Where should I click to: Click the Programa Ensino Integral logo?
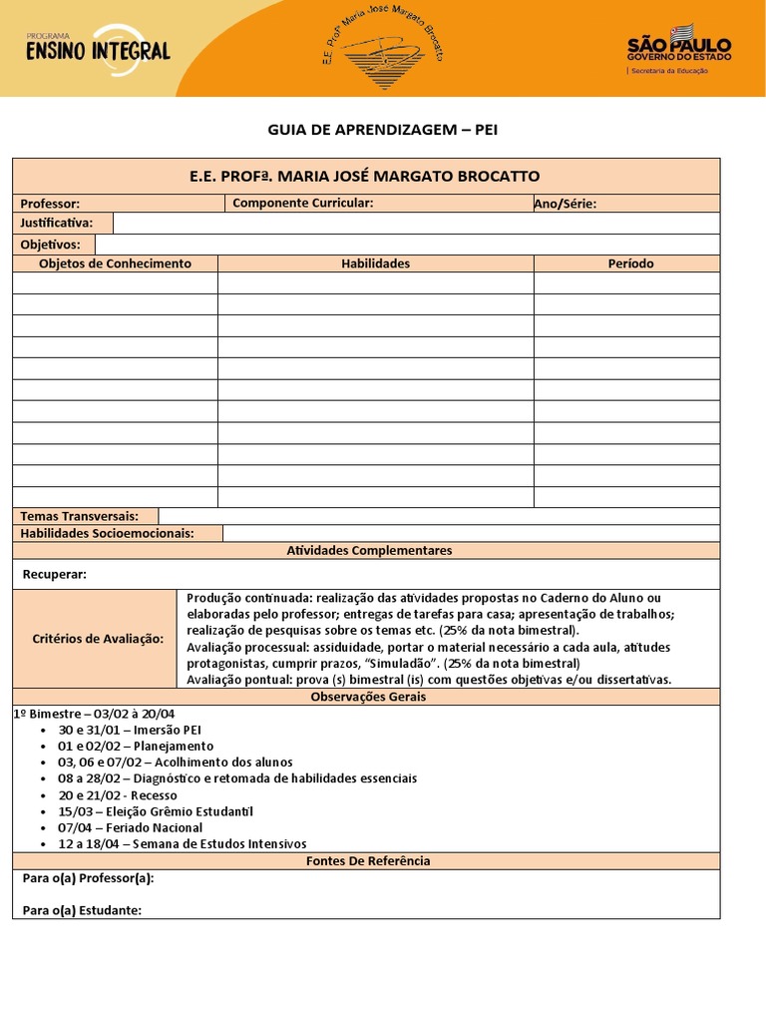(98, 46)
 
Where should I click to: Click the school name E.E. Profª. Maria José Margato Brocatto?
(365, 176)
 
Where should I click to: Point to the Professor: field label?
(50, 204)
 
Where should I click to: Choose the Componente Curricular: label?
(302, 204)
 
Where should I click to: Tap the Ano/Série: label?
(566, 204)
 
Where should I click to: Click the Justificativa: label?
(57, 223)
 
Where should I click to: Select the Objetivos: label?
(50, 245)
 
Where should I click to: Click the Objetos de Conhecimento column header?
(115, 263)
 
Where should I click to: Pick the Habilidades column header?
(375, 263)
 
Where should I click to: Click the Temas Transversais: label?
(87, 516)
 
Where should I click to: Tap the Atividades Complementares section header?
(369, 550)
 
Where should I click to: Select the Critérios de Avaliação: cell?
(98, 639)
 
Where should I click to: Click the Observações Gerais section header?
(368, 697)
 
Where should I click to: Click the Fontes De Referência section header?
(368, 860)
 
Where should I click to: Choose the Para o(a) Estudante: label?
(82, 909)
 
